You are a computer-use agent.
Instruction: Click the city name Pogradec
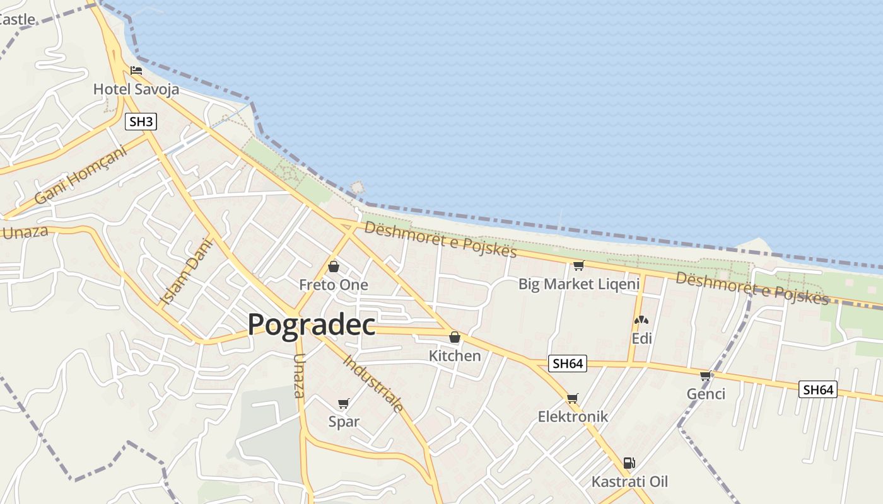tap(311, 325)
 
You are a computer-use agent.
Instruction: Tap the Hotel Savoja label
tap(136, 89)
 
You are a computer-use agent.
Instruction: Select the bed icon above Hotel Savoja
tap(136, 71)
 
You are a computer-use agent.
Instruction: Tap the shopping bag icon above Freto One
tap(334, 266)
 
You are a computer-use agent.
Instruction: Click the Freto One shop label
tap(334, 285)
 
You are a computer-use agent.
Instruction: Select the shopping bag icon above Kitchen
tap(455, 338)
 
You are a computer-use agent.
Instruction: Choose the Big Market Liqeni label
tap(579, 284)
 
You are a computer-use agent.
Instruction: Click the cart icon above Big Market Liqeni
tap(578, 266)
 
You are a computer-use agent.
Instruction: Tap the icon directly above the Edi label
tap(641, 321)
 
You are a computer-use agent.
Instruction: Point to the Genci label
tap(706, 394)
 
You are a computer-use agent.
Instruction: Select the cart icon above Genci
tap(706, 376)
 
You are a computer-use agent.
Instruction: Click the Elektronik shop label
tap(573, 416)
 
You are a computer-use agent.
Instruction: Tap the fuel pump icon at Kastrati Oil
tap(629, 463)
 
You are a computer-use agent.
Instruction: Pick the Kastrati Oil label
tap(629, 482)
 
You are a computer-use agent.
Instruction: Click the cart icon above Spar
tap(344, 404)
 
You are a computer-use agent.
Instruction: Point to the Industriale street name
tap(373, 384)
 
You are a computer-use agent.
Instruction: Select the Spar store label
tap(344, 422)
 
